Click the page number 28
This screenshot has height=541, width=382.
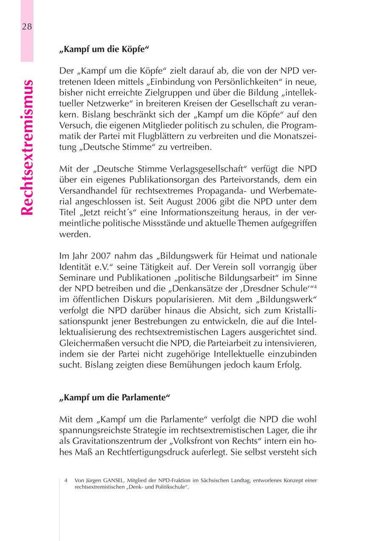pyautogui.click(x=26, y=27)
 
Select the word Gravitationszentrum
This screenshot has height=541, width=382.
pyautogui.click(x=112, y=441)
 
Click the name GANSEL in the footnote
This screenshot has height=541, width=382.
pyautogui.click(x=111, y=480)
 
